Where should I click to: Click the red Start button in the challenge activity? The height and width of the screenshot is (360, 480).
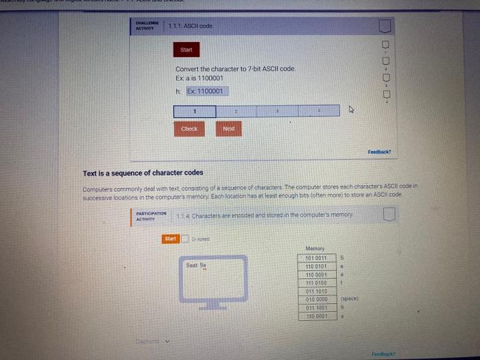(186, 50)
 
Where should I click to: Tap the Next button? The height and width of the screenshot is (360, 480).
(229, 128)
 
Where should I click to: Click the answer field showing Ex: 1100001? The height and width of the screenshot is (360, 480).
(206, 91)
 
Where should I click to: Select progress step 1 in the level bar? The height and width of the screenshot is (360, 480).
(194, 110)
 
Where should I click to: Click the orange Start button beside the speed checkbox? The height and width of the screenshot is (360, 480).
(170, 239)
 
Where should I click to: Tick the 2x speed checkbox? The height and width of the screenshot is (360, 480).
(185, 239)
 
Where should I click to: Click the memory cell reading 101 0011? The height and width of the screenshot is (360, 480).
(315, 259)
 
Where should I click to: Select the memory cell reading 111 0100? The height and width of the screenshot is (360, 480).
(315, 283)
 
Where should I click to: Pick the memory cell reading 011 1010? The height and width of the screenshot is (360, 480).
(315, 291)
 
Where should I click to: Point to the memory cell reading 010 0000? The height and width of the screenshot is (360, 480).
(315, 299)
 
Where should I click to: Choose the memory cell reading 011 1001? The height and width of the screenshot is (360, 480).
(315, 307)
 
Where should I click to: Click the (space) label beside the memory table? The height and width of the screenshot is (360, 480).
(349, 299)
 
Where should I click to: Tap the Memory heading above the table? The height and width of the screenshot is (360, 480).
(315, 248)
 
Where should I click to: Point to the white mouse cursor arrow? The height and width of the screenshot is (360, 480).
(352, 109)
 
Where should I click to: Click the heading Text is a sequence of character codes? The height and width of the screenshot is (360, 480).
(143, 173)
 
